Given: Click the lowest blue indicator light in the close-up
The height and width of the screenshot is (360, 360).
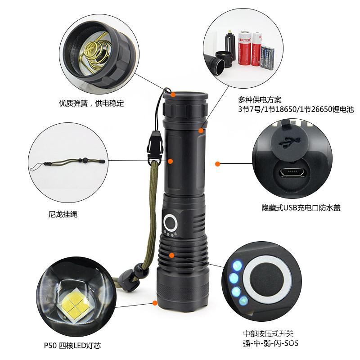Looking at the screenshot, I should click(243, 300).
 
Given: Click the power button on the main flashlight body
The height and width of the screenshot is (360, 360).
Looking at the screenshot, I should click(171, 222).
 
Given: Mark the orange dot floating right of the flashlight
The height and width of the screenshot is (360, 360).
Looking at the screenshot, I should click(217, 164).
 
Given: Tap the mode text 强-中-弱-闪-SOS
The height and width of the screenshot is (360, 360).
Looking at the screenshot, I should click(270, 343).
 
